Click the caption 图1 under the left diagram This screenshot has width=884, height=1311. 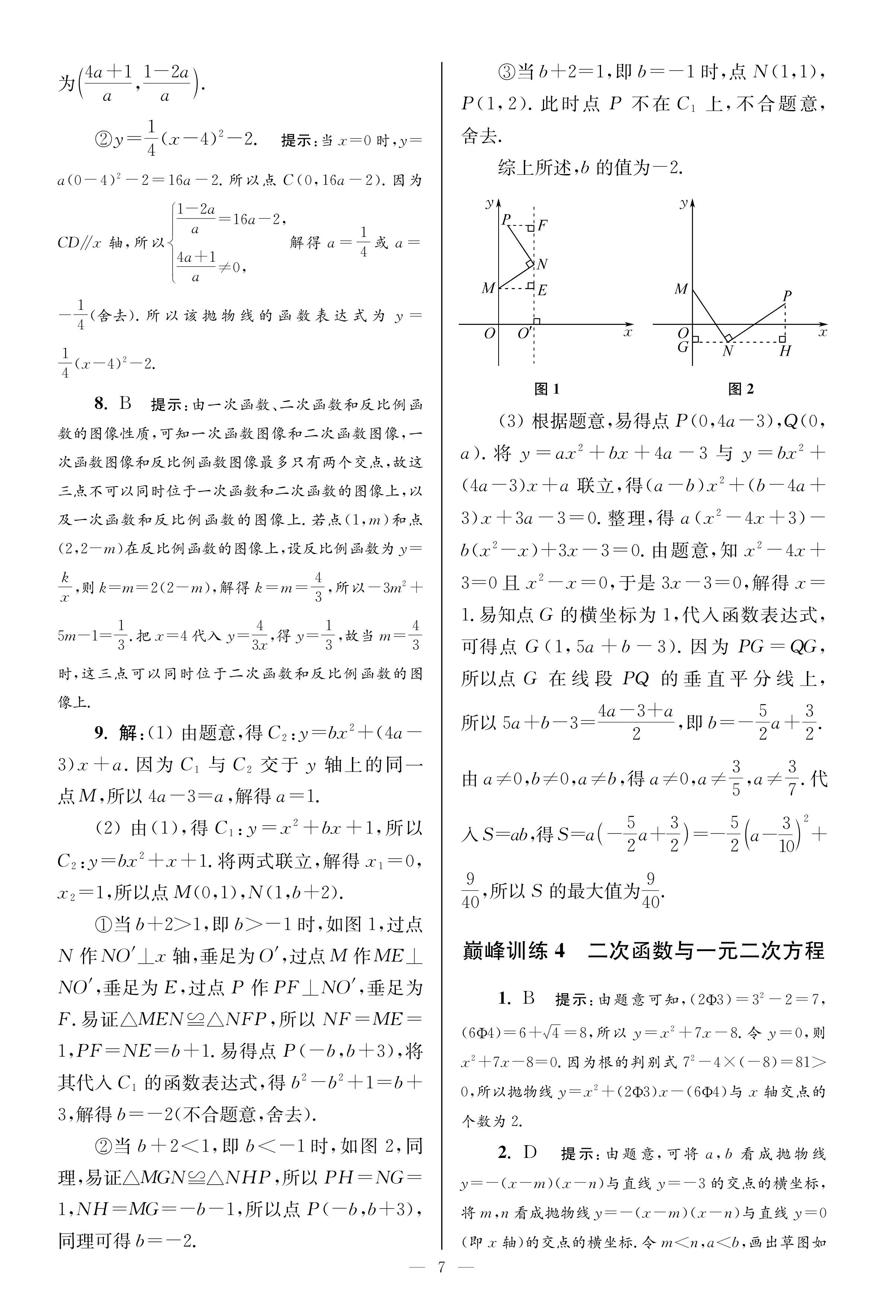[x=546, y=389]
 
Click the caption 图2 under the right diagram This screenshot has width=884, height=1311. [x=740, y=389]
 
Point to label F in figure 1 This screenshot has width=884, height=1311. [x=542, y=225]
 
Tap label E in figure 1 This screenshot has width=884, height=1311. [x=542, y=290]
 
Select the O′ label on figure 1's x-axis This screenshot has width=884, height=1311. [x=524, y=333]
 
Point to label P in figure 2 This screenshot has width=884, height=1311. [x=787, y=295]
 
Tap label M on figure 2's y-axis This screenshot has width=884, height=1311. [x=681, y=289]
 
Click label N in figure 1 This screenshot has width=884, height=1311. [x=542, y=264]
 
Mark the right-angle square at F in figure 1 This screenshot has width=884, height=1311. [x=531, y=228]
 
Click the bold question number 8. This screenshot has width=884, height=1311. [x=100, y=404]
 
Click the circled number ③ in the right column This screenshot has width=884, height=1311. [x=508, y=72]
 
